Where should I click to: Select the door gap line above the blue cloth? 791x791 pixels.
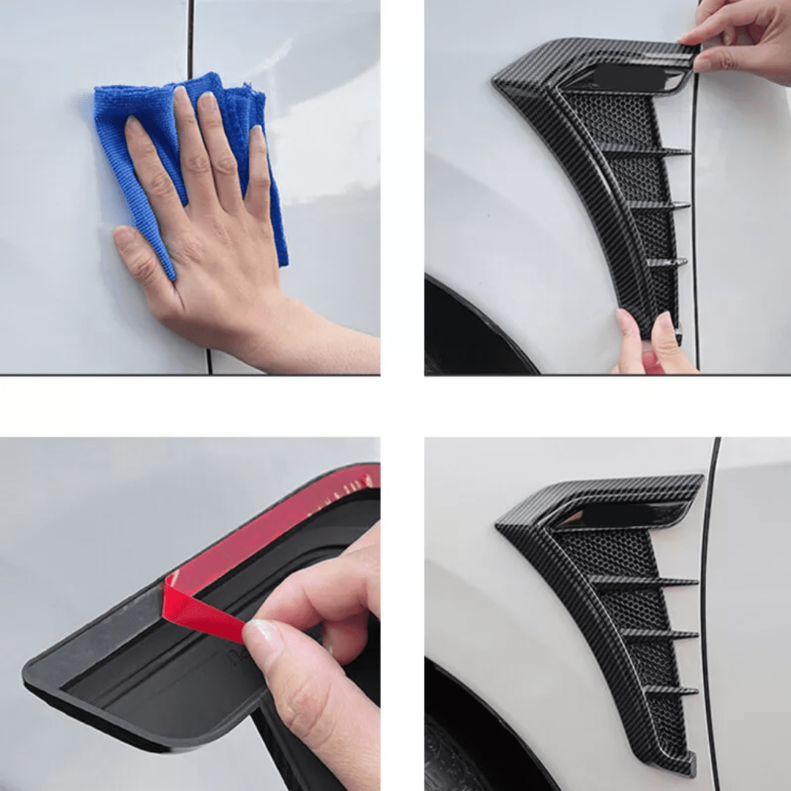tap(190, 37)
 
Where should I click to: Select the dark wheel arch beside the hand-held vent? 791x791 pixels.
tap(469, 330)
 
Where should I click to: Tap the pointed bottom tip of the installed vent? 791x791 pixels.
tap(685, 765)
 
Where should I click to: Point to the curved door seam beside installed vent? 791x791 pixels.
tap(705, 586)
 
